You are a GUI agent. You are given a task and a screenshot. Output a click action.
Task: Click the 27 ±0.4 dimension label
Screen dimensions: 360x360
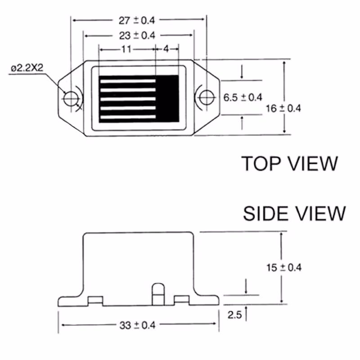tap(137, 20)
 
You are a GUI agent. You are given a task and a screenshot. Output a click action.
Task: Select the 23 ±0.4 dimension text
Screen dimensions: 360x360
tap(137, 36)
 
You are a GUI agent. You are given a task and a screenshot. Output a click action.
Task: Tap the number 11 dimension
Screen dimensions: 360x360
tap(126, 49)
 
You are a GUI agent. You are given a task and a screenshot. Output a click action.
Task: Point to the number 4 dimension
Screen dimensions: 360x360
tap(166, 49)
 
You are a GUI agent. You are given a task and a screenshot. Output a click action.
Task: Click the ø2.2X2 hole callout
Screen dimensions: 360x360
tap(27, 68)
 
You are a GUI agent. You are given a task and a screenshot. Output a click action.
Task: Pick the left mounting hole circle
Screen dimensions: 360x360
tap(71, 99)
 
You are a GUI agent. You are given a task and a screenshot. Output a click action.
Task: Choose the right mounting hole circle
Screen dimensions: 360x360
tap(207, 98)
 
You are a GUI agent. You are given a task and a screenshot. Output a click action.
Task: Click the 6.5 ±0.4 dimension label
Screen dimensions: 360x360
tap(243, 98)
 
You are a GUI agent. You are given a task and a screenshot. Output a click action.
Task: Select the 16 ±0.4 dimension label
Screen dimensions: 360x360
tap(283, 108)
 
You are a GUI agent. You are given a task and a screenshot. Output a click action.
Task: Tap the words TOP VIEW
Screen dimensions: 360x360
tap(290, 163)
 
